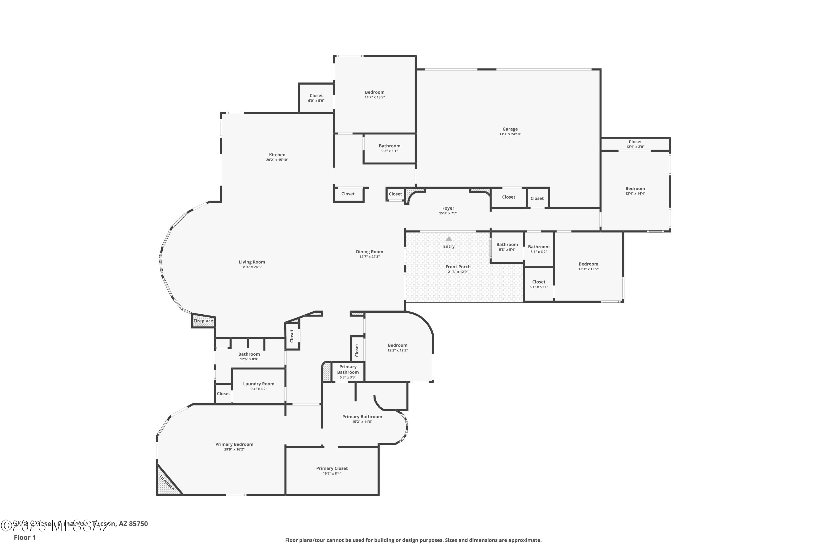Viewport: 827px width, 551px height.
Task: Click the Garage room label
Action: pyautogui.click(x=510, y=129)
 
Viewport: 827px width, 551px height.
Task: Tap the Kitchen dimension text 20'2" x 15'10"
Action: pyautogui.click(x=277, y=160)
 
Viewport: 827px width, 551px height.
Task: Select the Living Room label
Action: pyautogui.click(x=252, y=262)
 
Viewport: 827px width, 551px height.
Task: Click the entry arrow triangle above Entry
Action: pyautogui.click(x=449, y=239)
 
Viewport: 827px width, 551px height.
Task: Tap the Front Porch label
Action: pyautogui.click(x=458, y=267)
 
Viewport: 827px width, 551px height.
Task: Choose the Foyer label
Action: pyautogui.click(x=448, y=208)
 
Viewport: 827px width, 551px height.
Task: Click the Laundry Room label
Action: pyautogui.click(x=259, y=384)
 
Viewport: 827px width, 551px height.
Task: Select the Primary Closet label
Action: pyautogui.click(x=332, y=468)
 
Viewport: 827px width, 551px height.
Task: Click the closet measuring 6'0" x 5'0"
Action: pyautogui.click(x=316, y=98)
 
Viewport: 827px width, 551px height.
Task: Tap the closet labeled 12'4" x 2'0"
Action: pyautogui.click(x=635, y=144)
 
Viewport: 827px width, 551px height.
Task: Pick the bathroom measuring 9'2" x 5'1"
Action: pyautogui.click(x=389, y=148)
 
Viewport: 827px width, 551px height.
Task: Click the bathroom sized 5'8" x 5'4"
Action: pyautogui.click(x=507, y=247)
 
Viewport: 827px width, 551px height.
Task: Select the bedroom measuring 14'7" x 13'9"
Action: pyautogui.click(x=374, y=94)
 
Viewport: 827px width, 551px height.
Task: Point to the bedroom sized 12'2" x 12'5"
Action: pyautogui.click(x=397, y=347)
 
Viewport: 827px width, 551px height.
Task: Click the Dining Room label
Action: pyautogui.click(x=369, y=252)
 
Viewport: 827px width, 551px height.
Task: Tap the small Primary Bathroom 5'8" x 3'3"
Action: pyautogui.click(x=348, y=372)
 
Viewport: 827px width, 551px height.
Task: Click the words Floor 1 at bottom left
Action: pyautogui.click(x=25, y=537)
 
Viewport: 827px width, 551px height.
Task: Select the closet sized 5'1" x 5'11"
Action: pyautogui.click(x=539, y=284)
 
